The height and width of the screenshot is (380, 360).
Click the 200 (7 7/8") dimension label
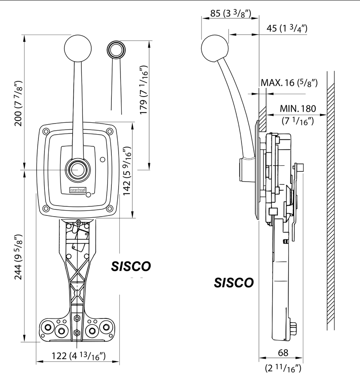click(x=18, y=103)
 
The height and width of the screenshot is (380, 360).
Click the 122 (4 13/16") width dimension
click(x=78, y=356)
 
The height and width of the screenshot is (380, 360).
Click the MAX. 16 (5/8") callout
click(x=289, y=82)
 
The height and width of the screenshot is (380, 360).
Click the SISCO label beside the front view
click(x=131, y=266)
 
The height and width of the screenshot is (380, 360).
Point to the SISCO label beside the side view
click(x=233, y=282)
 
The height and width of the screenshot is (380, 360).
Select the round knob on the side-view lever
click(x=214, y=49)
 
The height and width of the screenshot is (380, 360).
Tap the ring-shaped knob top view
click(x=116, y=49)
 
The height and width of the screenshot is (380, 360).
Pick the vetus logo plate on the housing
click(x=78, y=190)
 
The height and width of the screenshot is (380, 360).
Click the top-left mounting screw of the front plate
click(x=46, y=131)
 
